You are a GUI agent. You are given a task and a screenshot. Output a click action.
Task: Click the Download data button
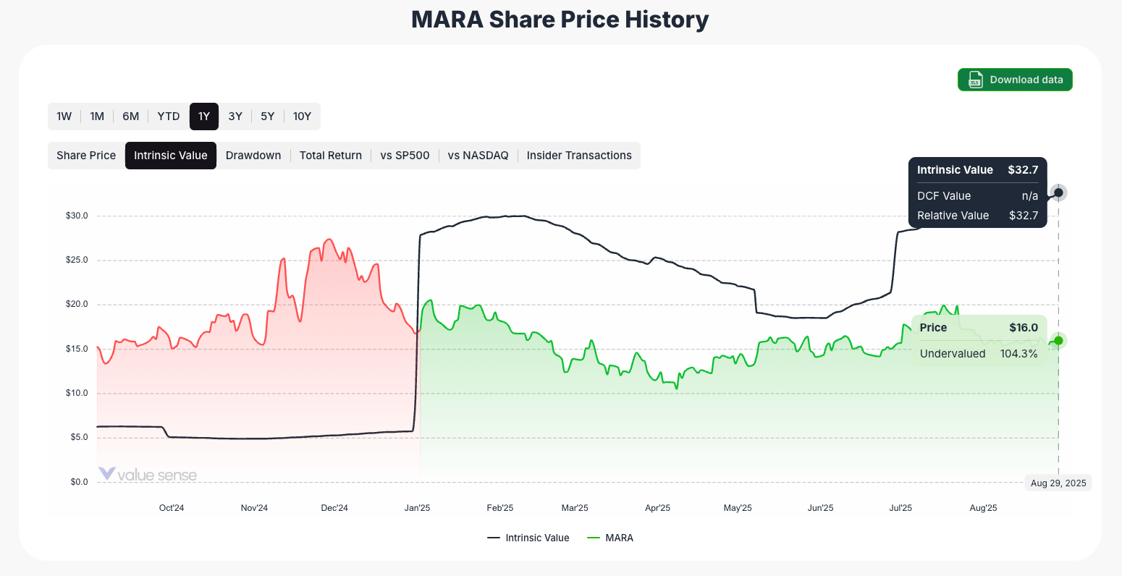(1014, 80)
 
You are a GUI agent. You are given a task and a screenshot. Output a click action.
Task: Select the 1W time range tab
(64, 117)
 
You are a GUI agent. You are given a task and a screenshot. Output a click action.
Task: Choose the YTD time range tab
(169, 117)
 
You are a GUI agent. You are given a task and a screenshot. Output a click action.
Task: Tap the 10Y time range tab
(302, 117)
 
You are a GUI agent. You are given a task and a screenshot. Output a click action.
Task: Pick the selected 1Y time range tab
(204, 117)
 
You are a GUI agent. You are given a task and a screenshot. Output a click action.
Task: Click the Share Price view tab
(86, 156)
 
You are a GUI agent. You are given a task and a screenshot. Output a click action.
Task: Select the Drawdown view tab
(253, 156)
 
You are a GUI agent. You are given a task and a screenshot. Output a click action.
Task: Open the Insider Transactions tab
(579, 156)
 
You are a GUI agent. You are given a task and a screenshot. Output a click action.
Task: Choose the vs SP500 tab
(405, 156)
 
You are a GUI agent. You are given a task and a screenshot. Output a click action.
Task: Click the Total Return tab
(330, 156)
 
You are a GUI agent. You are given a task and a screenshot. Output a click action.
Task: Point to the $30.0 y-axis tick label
(77, 216)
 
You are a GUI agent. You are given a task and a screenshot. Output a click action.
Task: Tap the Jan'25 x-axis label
(417, 508)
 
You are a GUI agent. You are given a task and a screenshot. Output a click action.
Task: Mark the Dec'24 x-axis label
(334, 508)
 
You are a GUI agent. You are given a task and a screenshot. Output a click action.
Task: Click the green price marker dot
(1058, 341)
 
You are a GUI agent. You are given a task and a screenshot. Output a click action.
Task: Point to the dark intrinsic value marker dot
(1058, 192)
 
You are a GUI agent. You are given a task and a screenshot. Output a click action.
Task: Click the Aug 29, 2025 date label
(1058, 483)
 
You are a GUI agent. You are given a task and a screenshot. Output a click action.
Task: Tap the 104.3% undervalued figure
(1018, 354)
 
